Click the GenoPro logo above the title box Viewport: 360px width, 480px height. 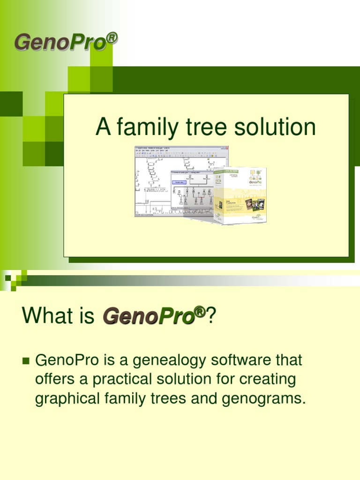[60, 42]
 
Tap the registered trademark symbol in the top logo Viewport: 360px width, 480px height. [111, 37]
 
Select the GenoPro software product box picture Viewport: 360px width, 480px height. [240, 195]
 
